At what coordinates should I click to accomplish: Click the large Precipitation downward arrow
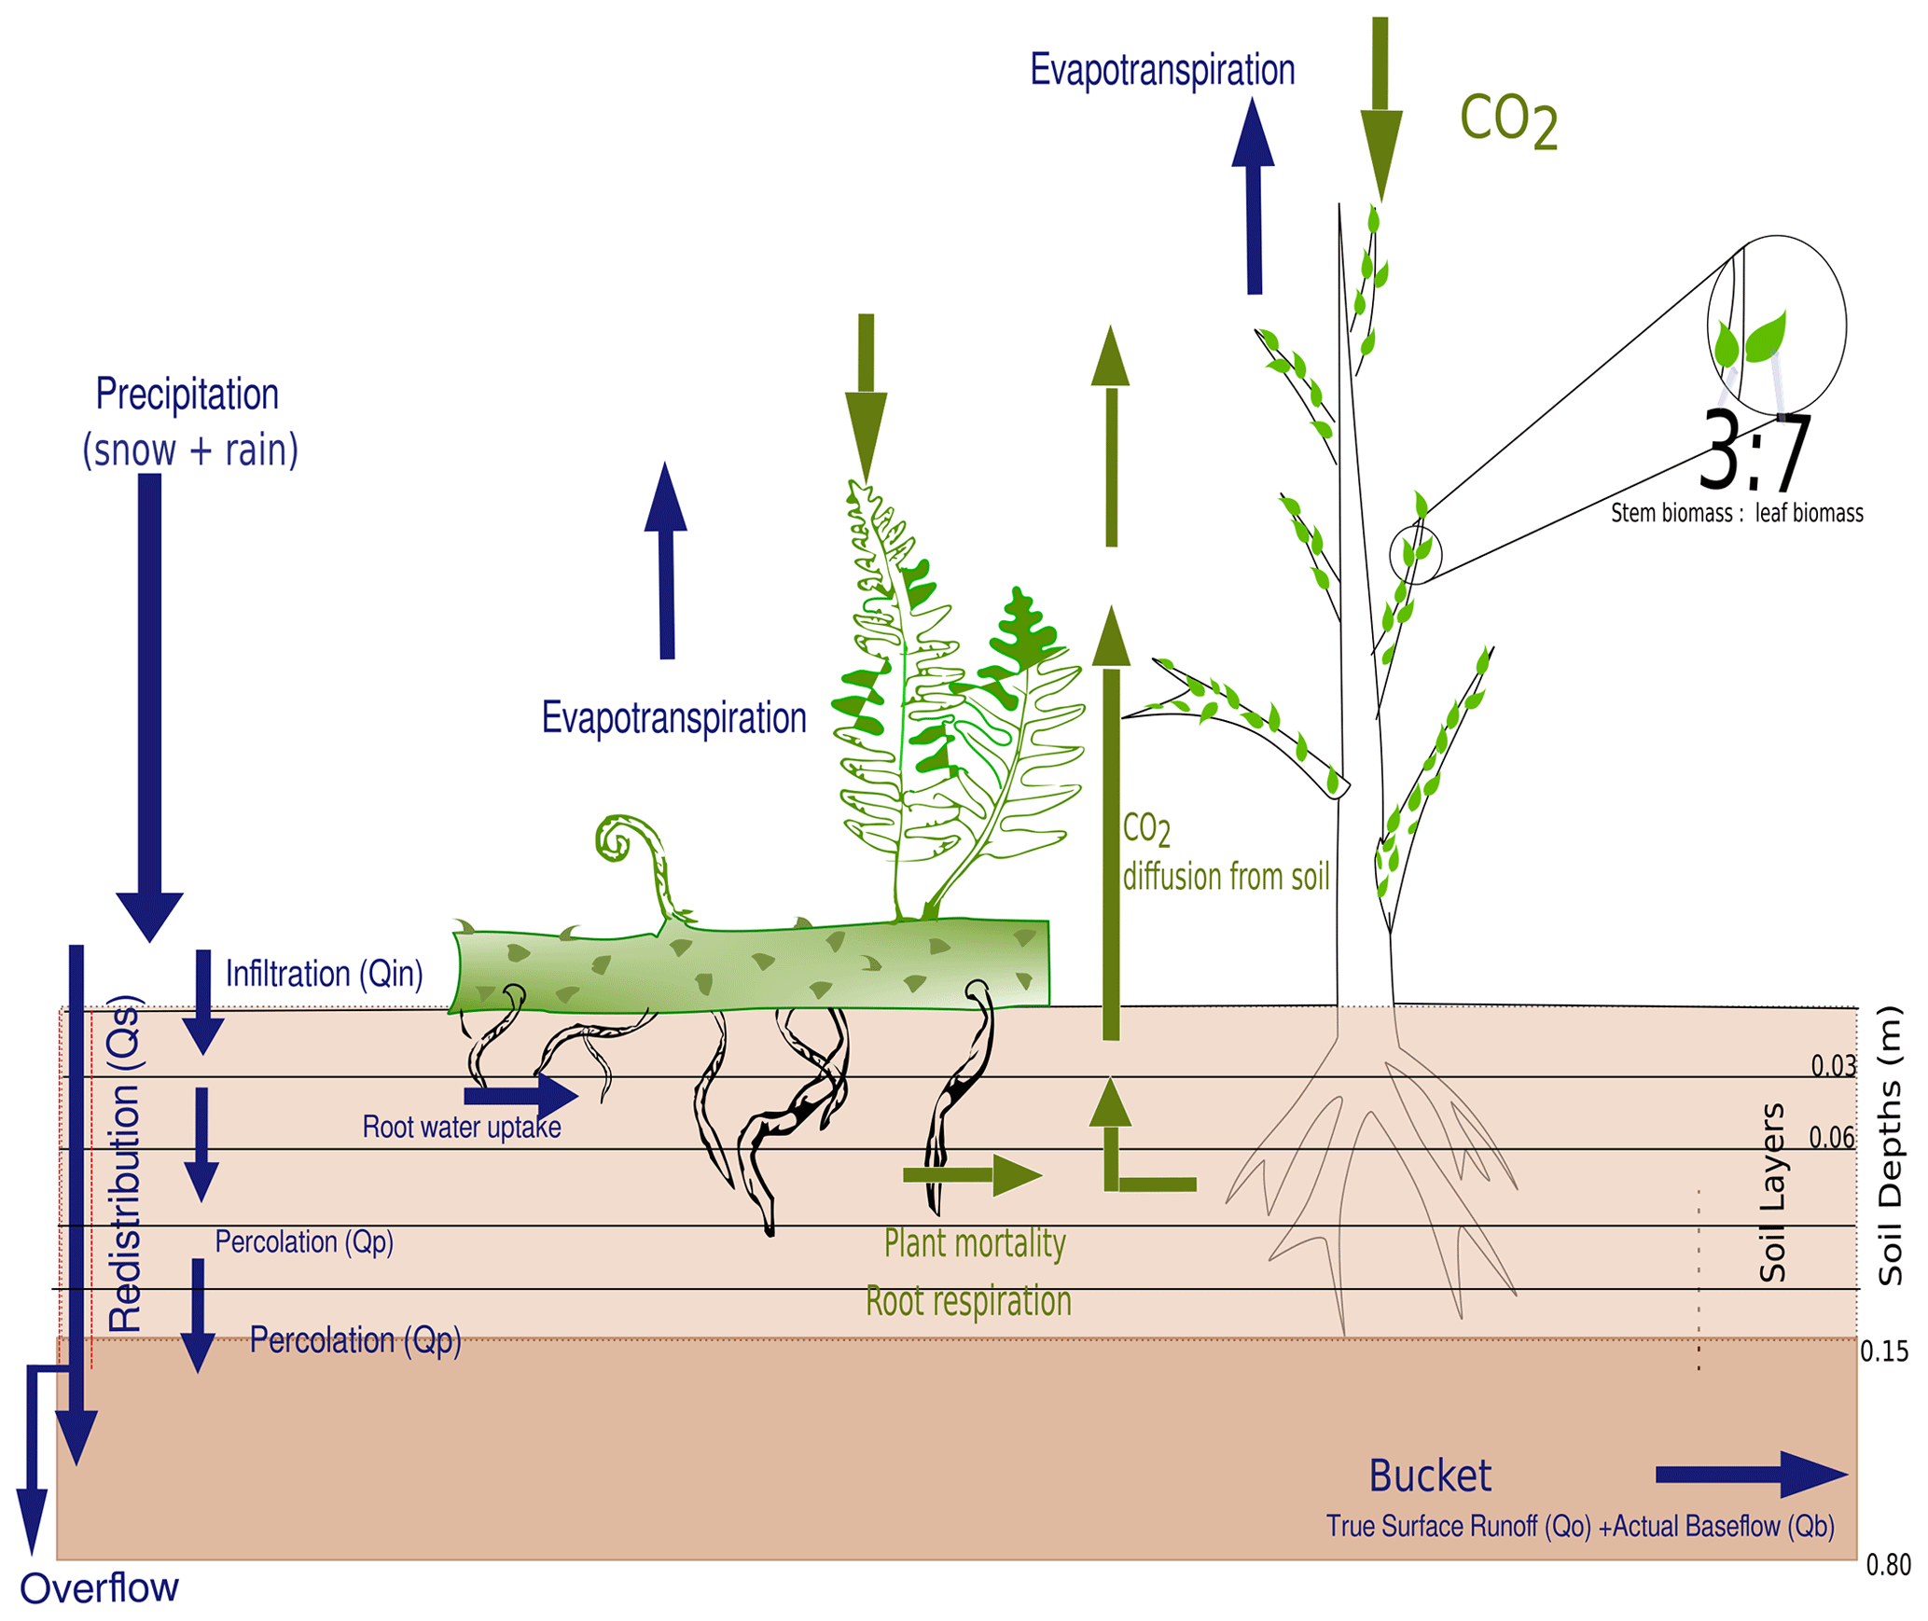click(149, 700)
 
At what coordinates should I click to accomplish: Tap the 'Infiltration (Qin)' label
click(324, 974)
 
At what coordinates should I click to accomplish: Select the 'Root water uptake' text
click(461, 1127)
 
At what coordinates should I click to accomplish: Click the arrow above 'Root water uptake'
click(520, 1095)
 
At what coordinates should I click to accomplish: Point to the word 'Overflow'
click(99, 1587)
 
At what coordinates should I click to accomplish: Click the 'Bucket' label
click(1429, 1476)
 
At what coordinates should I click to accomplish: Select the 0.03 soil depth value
click(1832, 1065)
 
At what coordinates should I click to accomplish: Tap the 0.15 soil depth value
click(1883, 1351)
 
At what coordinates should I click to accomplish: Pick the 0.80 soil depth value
click(1888, 1564)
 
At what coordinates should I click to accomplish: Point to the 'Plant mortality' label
click(974, 1243)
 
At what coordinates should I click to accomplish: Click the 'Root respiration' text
click(968, 1301)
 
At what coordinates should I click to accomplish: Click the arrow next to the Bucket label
click(1750, 1475)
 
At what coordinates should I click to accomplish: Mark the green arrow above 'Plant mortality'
click(971, 1175)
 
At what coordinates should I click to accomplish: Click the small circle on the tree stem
click(1414, 554)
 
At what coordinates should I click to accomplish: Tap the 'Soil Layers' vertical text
click(1770, 1193)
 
